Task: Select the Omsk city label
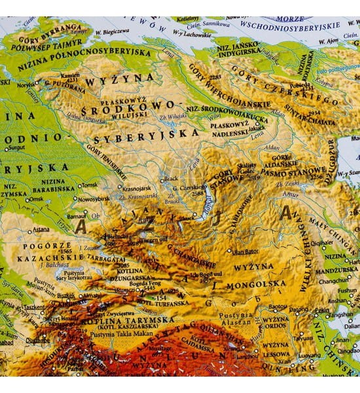point(37,199)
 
